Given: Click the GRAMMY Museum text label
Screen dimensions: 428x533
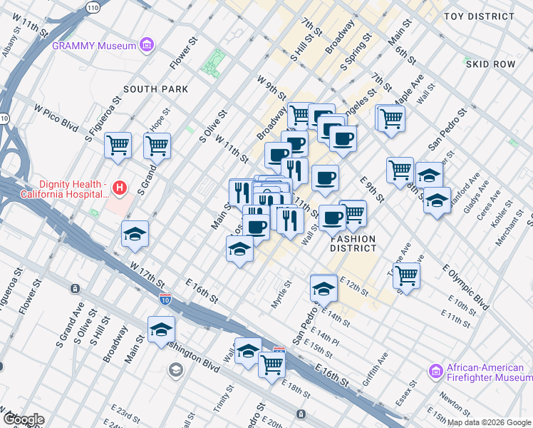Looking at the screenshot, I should pos(94,46).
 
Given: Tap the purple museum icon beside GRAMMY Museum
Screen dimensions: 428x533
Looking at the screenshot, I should pos(148,46).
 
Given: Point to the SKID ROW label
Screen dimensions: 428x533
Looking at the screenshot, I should pos(490,64).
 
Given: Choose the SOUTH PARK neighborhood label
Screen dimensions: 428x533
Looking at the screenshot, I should pos(155,89).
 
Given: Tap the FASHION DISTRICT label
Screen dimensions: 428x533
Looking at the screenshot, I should pos(353,243).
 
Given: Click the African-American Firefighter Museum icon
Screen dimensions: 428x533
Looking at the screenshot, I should pos(436,371).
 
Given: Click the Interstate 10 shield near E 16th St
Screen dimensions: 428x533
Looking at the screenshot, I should pos(165,299).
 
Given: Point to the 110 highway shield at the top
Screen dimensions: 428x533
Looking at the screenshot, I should pos(93,7).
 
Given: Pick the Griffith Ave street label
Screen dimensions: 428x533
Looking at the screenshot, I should pos(376,365).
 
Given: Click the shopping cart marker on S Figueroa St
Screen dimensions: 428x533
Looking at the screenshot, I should pos(118,146).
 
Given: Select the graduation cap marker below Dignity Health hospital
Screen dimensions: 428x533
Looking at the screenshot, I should pos(135,235).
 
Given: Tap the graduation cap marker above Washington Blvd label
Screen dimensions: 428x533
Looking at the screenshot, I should pos(162,329).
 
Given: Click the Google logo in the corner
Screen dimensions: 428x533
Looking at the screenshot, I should pos(23,419).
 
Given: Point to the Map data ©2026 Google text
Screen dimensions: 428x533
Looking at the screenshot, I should pos(489,422).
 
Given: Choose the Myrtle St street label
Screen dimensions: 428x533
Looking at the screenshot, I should pos(282,294).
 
